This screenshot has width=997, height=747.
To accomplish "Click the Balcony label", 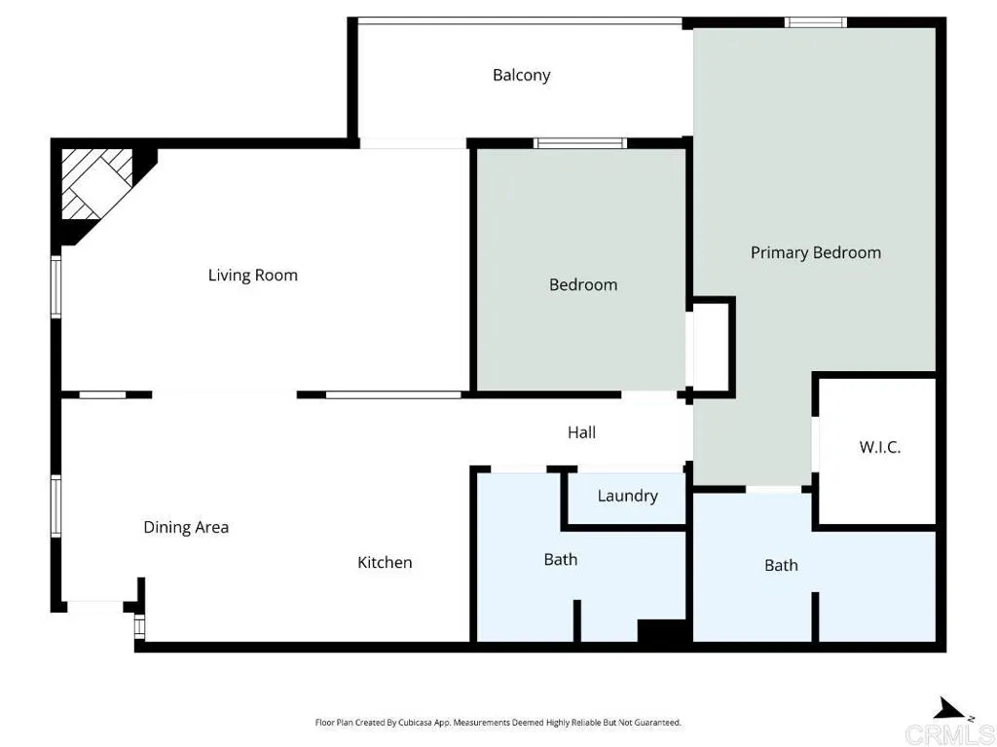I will (x=521, y=75).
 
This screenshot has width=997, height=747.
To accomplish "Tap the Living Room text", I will (x=253, y=275).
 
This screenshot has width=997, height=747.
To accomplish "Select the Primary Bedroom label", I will (x=815, y=252).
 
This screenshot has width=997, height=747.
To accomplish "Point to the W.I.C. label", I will (x=879, y=447).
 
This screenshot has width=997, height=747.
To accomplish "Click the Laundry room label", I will (x=627, y=496).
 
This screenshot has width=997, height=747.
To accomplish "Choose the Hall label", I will (x=581, y=431).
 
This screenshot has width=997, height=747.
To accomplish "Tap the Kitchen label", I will (x=385, y=562).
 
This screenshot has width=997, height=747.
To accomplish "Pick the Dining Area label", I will (x=186, y=527).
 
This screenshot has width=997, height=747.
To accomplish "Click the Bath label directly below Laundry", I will (x=560, y=559).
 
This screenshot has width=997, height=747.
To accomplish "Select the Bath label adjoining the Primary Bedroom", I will (x=781, y=565).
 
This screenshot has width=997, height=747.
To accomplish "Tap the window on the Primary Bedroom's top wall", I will (x=816, y=22).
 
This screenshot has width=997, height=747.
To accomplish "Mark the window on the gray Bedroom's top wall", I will (x=580, y=143).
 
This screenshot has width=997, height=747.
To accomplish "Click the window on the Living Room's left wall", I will (x=56, y=287).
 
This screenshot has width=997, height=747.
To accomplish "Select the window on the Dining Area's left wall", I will (x=56, y=506).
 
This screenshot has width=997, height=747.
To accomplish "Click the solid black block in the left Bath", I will (x=663, y=631).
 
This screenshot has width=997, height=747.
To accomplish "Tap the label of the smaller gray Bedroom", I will (x=583, y=284).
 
